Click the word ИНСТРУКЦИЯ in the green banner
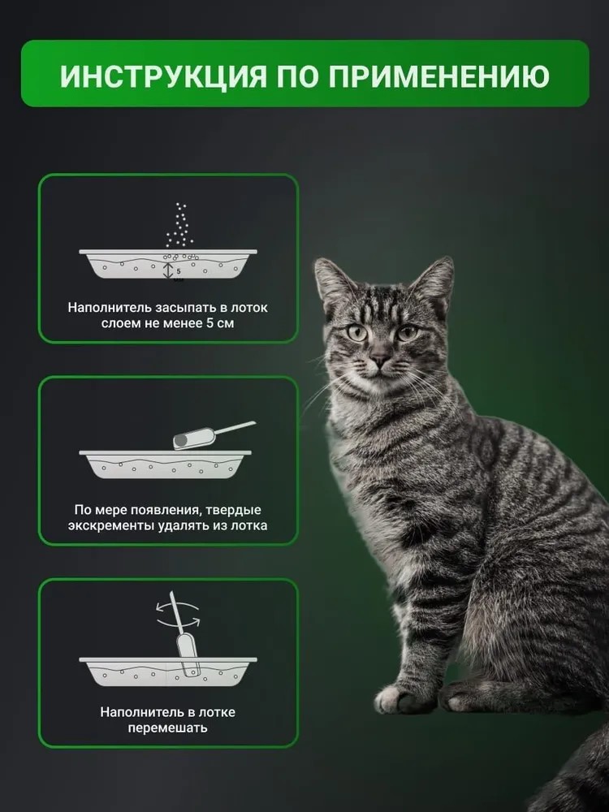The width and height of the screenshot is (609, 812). tap(163, 76)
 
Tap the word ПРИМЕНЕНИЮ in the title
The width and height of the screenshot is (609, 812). tap(439, 76)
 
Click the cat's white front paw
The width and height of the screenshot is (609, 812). tap(397, 698)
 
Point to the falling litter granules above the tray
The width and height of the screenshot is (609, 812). tap(179, 225)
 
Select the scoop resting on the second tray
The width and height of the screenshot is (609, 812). tap(214, 435)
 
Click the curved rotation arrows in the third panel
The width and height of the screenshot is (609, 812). tap(179, 614)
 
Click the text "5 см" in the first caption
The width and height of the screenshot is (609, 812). tap(220, 323)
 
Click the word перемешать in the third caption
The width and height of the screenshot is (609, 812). tap(168, 728)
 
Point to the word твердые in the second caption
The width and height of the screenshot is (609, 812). tap(234, 510)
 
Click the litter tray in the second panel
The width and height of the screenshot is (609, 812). tap(165, 464)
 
